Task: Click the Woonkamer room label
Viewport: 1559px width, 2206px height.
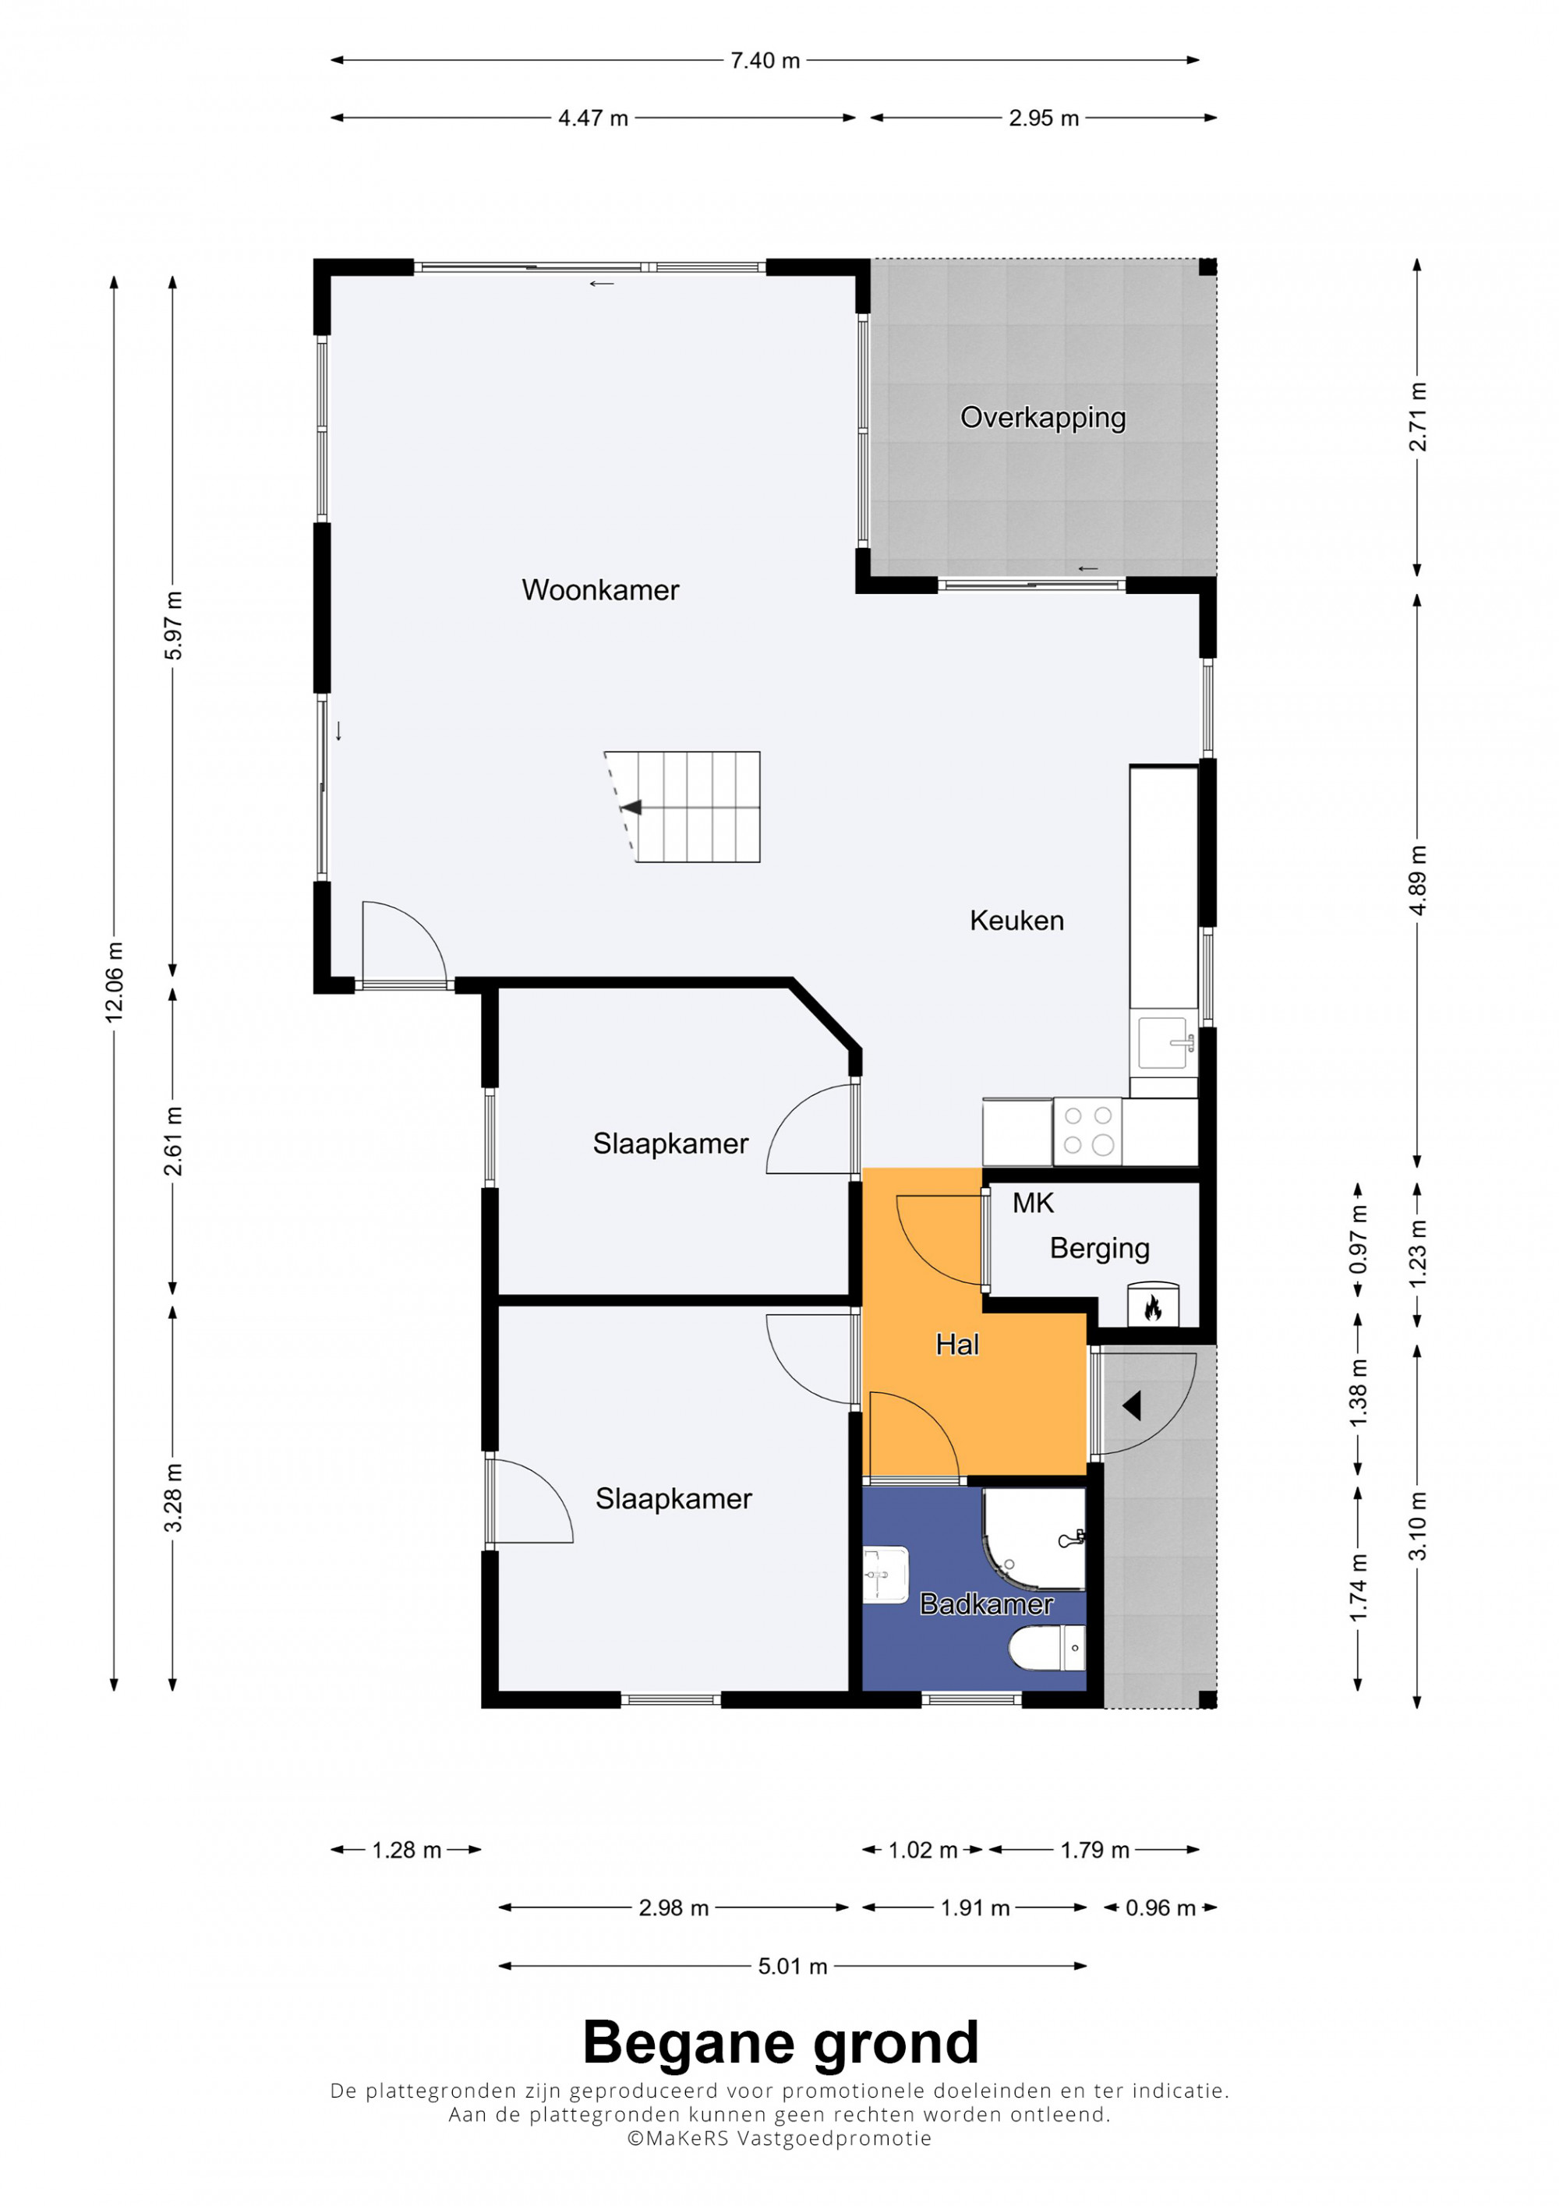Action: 600,590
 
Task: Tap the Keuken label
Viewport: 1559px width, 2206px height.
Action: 1016,921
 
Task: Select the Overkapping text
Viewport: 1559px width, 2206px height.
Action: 1043,418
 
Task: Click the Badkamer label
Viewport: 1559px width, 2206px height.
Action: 987,1603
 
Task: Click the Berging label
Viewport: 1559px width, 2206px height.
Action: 1099,1248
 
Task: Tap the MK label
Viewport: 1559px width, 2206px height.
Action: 1033,1203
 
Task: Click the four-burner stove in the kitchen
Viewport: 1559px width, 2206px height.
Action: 1087,1131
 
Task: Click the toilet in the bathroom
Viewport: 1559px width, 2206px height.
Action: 1047,1649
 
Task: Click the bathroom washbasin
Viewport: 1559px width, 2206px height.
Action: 884,1574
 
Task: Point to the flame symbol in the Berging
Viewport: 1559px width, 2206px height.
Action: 1153,1306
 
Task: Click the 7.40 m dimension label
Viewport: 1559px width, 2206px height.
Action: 765,61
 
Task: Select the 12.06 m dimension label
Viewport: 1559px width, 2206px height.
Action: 115,981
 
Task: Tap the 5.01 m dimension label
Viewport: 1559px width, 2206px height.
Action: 793,1966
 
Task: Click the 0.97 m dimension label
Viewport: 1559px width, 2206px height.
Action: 1357,1239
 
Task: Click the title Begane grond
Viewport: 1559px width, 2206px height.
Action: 780,2042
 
